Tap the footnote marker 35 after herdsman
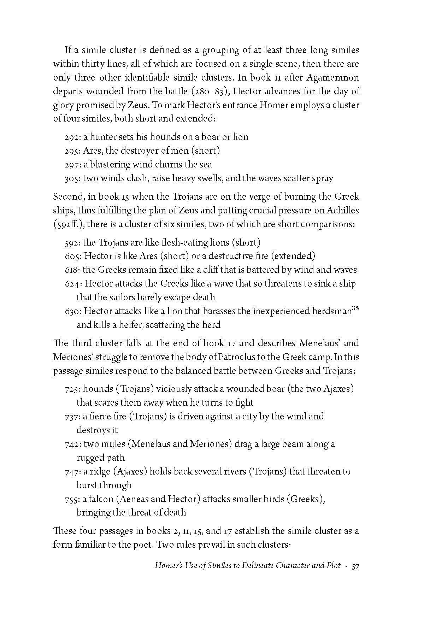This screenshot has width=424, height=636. (356, 308)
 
